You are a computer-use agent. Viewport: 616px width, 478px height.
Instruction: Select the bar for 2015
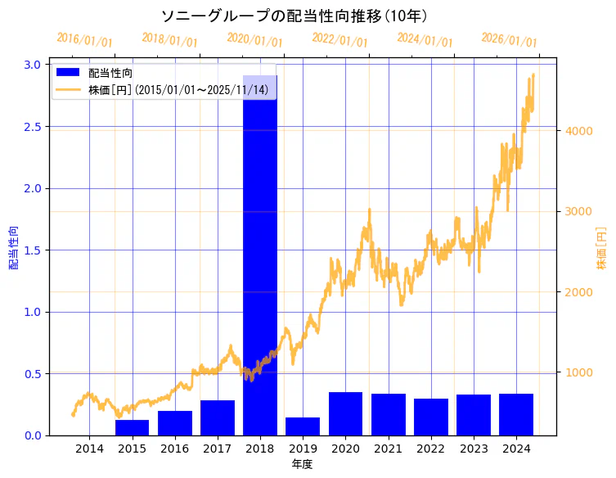pyautogui.click(x=133, y=427)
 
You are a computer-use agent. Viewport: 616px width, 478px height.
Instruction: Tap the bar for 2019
pyautogui.click(x=303, y=426)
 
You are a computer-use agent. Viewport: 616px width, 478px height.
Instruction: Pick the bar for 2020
pyautogui.click(x=345, y=413)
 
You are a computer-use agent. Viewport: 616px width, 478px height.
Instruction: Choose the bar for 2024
pyautogui.click(x=516, y=414)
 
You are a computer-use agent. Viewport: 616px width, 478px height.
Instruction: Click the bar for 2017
pyautogui.click(x=218, y=417)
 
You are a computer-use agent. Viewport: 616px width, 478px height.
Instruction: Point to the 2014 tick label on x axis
pyautogui.click(x=90, y=449)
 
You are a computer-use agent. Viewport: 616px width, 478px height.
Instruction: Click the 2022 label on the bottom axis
pyautogui.click(x=430, y=449)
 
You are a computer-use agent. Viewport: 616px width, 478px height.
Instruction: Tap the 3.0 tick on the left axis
pyautogui.click(x=33, y=65)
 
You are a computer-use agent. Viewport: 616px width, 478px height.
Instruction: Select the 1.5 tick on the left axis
pyautogui.click(x=33, y=250)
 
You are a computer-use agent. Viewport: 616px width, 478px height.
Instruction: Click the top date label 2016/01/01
pyautogui.click(x=84, y=40)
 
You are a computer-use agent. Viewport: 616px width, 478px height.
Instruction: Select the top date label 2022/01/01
pyautogui.click(x=339, y=40)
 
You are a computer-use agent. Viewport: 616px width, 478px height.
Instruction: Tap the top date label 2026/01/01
pyautogui.click(x=509, y=40)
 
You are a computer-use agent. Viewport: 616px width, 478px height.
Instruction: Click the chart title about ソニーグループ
pyautogui.click(x=295, y=16)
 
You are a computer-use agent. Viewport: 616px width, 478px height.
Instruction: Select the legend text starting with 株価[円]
pyautogui.click(x=178, y=89)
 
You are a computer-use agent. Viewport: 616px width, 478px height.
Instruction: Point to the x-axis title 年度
pyautogui.click(x=303, y=464)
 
